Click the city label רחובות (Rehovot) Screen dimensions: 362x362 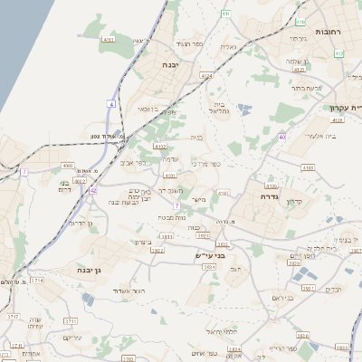point(328,32)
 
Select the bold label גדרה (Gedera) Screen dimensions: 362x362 point(270,196)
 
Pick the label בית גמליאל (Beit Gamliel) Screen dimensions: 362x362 point(220,109)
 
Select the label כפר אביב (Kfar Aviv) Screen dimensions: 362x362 point(132,164)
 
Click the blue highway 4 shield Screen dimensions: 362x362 point(111,105)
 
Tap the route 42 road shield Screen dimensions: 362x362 point(93,191)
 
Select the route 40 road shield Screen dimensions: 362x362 point(283,137)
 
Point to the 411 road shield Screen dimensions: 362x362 point(225,14)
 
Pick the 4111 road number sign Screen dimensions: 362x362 point(109,40)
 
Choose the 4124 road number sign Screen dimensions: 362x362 point(207,77)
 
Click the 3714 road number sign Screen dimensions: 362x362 point(37,281)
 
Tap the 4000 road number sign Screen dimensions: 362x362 point(68,167)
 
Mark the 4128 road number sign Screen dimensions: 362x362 point(338,119)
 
